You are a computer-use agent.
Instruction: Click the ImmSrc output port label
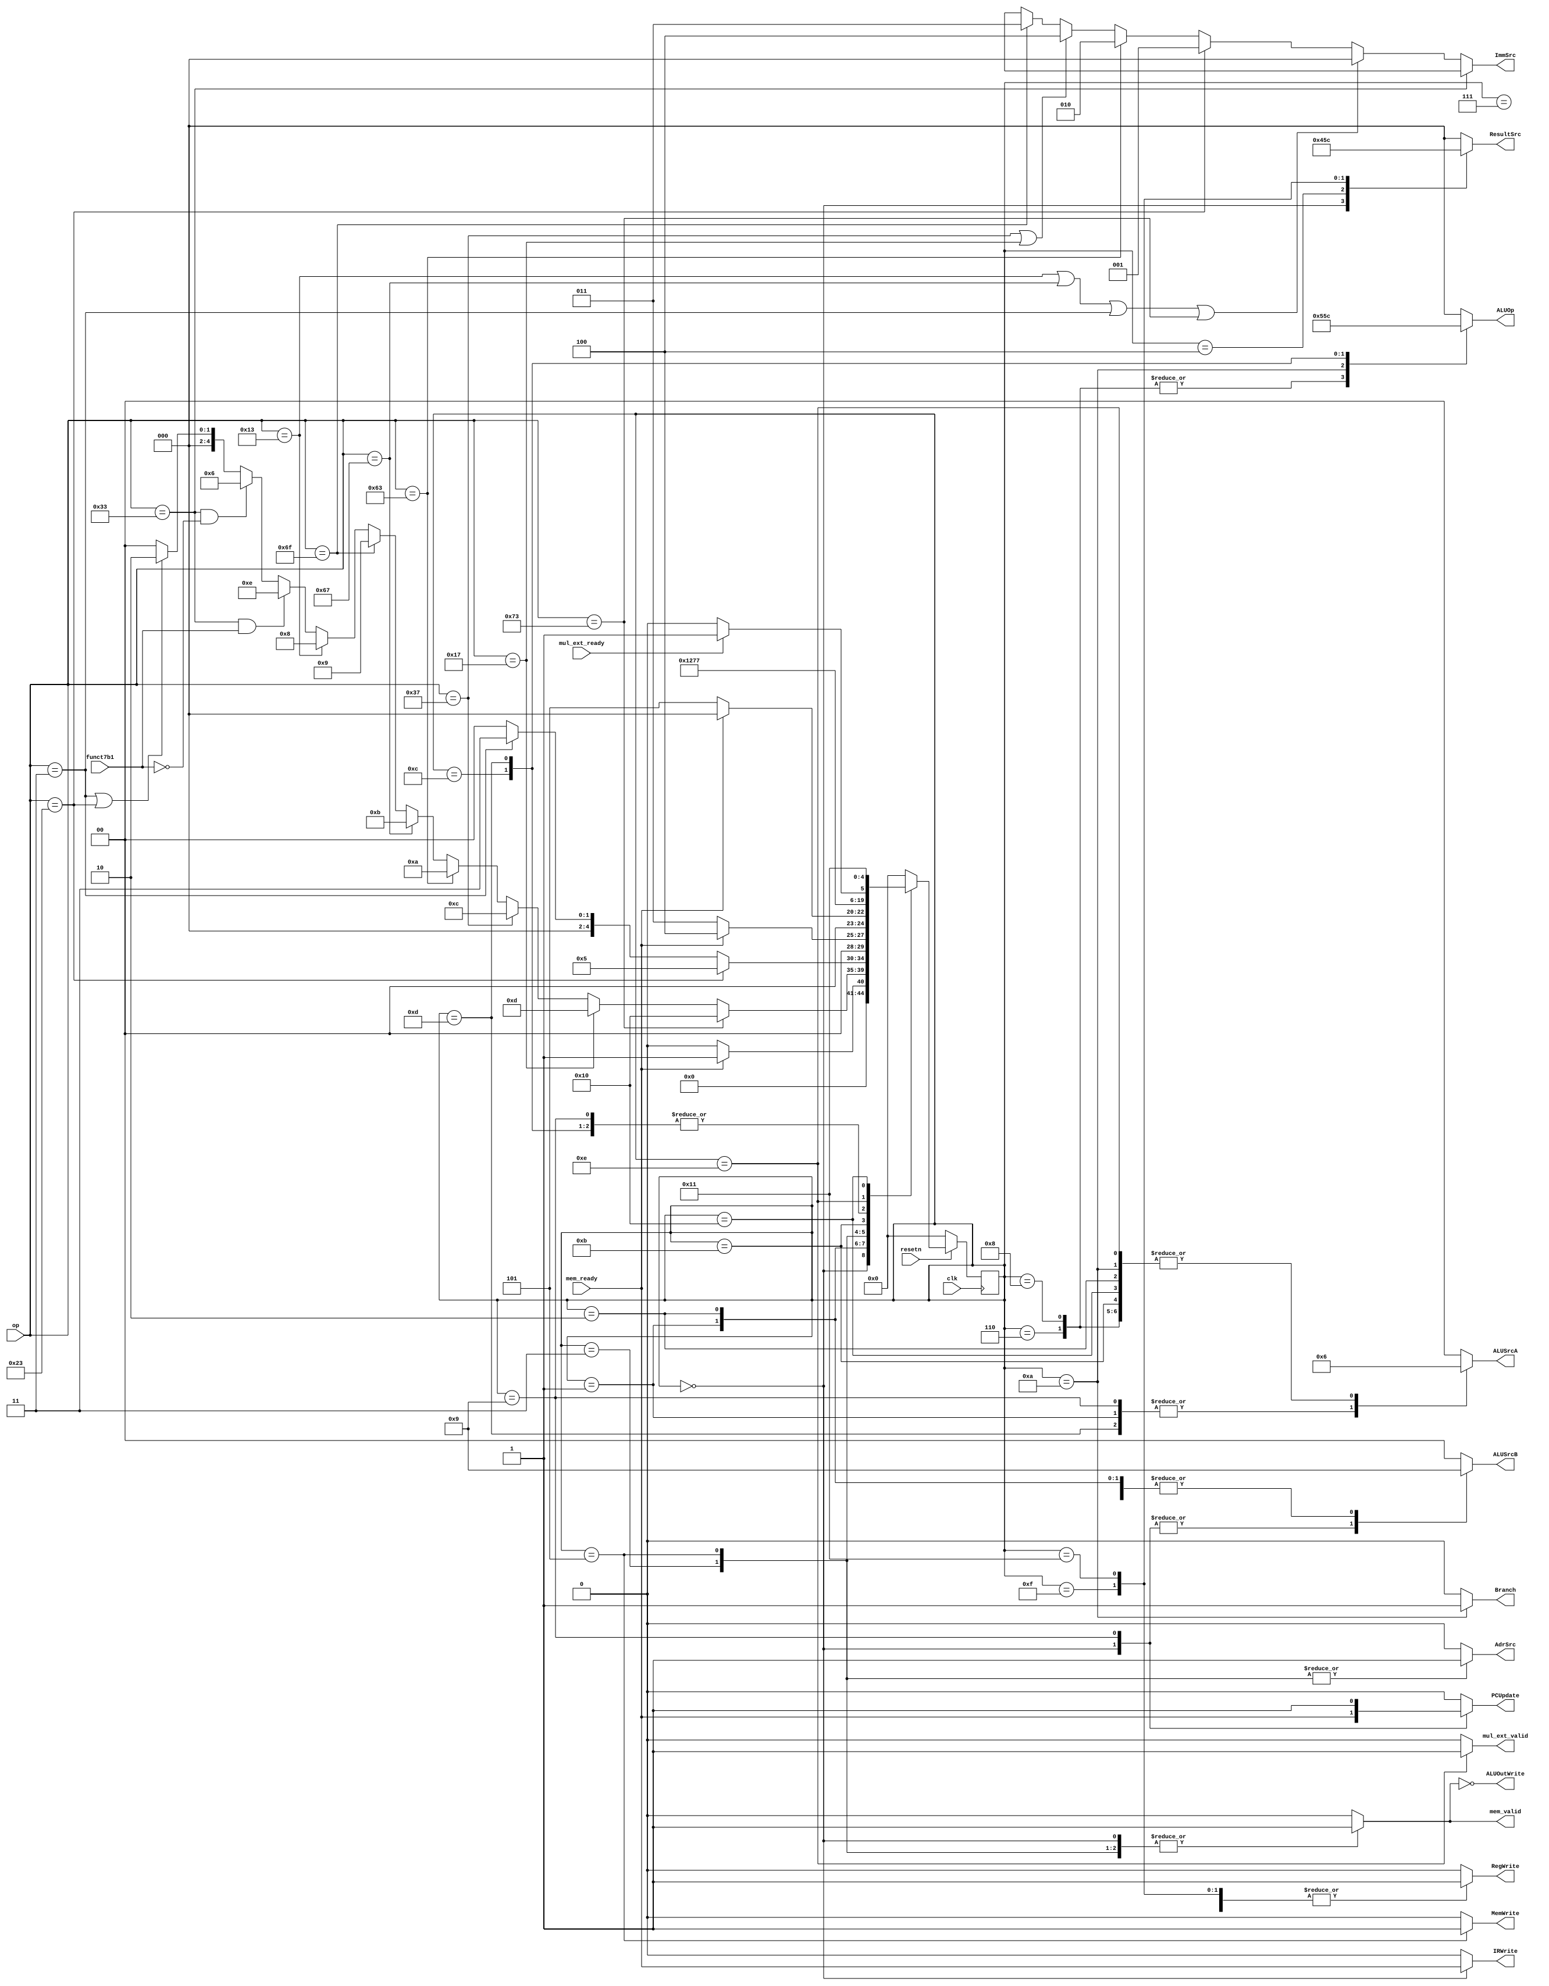coord(1505,55)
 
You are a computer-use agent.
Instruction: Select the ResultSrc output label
coord(1504,134)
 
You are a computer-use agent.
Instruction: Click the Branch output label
coord(1505,1591)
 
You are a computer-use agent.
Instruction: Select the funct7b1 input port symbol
coord(99,768)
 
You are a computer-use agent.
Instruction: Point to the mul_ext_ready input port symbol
coord(581,653)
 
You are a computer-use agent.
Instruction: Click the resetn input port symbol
coord(910,1260)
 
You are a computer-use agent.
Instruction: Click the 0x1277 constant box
coord(689,671)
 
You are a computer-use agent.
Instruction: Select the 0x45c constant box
coord(1321,150)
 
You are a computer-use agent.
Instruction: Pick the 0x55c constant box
coord(1321,326)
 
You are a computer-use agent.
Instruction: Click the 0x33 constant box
coord(100,516)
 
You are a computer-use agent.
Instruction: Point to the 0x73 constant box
coord(512,626)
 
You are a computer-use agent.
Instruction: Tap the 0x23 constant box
coord(16,1373)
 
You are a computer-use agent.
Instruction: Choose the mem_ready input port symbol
coord(581,1289)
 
